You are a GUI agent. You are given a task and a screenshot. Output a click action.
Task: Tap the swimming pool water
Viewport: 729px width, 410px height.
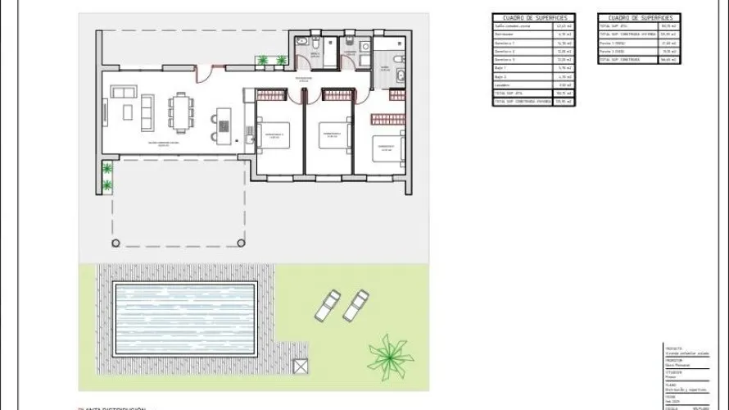tap(183, 318)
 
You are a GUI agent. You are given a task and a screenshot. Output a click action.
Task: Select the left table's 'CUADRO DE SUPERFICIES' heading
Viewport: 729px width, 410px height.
tap(533, 17)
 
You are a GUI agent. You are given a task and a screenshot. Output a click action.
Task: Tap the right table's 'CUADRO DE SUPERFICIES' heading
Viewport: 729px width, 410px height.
tap(641, 17)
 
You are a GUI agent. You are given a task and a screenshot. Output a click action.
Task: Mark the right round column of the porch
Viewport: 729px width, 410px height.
tap(241, 242)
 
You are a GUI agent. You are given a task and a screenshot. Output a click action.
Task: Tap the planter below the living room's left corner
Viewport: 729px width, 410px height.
tap(106, 177)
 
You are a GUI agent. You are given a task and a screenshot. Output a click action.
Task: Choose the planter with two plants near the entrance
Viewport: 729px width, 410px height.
tap(271, 61)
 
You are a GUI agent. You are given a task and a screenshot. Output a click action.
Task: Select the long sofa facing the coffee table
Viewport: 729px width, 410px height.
tap(147, 112)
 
